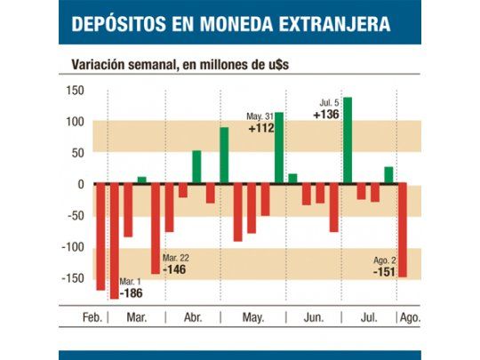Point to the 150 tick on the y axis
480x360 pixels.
coord(74,91)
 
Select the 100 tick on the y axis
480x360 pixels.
coord(74,122)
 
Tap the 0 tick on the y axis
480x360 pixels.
coord(80,184)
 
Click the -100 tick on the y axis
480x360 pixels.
coord(71,247)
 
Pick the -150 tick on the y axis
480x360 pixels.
coord(71,278)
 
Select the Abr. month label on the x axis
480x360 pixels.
coord(194,317)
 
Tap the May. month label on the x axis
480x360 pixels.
coord(254,317)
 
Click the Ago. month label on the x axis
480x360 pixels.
coord(411,317)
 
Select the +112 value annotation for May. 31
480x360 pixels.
coord(261,128)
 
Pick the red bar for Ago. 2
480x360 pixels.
coord(402,231)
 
